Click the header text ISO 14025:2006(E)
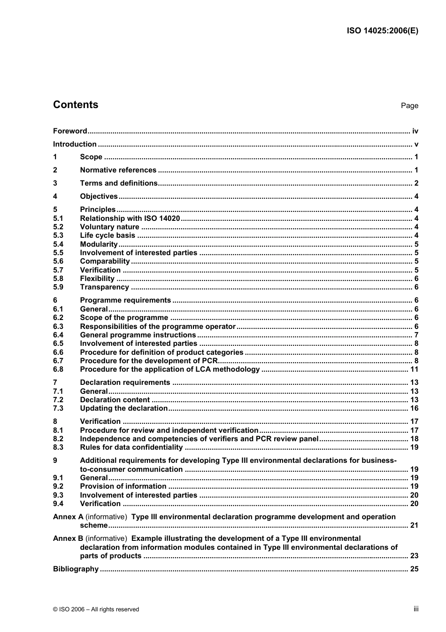tap(382, 31)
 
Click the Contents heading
tap(76, 105)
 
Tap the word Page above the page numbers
tap(409, 106)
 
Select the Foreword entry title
tap(70, 131)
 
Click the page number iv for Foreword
tap(415, 131)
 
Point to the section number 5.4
tap(58, 244)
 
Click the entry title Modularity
tap(99, 244)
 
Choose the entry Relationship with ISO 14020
tap(130, 218)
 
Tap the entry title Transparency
tap(104, 287)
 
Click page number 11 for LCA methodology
tap(414, 369)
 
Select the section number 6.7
tap(58, 361)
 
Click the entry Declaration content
tap(115, 400)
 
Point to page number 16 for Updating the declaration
tap(414, 408)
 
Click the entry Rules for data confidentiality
tap(131, 447)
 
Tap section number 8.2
tap(58, 439)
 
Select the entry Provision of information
tap(123, 486)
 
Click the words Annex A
tap(68, 517)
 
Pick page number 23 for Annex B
tap(414, 556)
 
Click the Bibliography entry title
tap(76, 569)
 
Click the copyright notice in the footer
tap(96, 609)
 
